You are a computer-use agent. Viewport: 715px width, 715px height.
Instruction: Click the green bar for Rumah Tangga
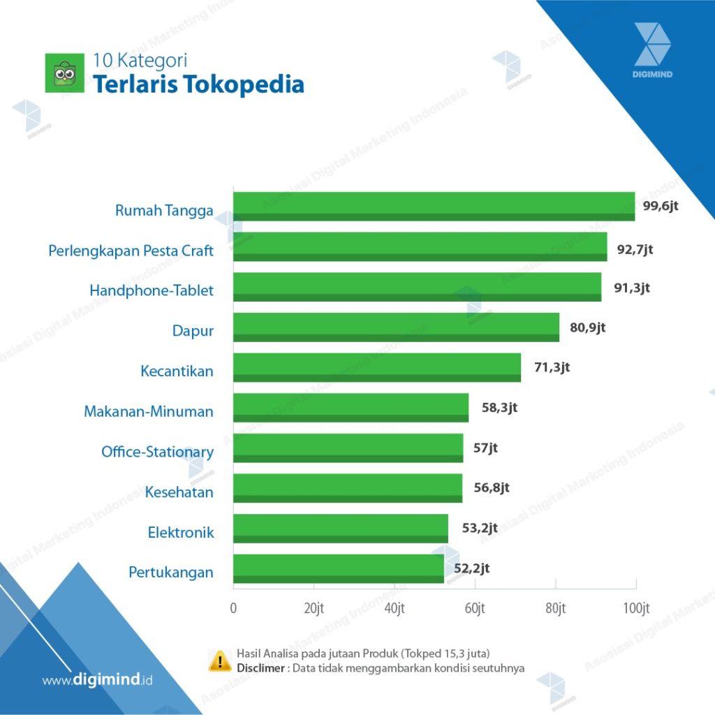click(434, 207)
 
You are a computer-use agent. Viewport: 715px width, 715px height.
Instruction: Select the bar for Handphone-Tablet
click(417, 287)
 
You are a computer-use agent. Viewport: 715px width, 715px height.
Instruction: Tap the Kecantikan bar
click(376, 367)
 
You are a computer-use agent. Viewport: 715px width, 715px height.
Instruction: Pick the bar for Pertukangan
click(338, 568)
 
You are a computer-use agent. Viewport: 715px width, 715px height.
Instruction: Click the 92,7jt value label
click(635, 248)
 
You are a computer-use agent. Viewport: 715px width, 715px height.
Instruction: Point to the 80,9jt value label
click(587, 326)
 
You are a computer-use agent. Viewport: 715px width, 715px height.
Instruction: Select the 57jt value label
click(485, 448)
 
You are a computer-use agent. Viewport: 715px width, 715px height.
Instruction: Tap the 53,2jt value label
click(480, 528)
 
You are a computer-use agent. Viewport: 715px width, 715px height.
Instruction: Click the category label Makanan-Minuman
click(149, 411)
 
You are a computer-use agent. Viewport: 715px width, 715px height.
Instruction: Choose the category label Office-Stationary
click(157, 452)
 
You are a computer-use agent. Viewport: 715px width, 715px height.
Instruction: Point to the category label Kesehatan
click(179, 492)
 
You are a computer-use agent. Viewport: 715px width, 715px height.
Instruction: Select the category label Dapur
click(193, 330)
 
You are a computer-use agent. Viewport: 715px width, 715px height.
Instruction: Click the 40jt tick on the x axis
click(395, 608)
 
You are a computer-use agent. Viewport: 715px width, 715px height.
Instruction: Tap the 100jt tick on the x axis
click(635, 608)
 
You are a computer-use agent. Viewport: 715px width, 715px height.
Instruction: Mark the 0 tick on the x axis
click(233, 608)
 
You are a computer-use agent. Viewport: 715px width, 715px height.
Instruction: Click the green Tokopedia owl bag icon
click(64, 73)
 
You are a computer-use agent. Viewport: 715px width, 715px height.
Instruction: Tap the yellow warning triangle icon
click(220, 661)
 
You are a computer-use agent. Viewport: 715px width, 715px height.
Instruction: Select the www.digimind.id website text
click(97, 679)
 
